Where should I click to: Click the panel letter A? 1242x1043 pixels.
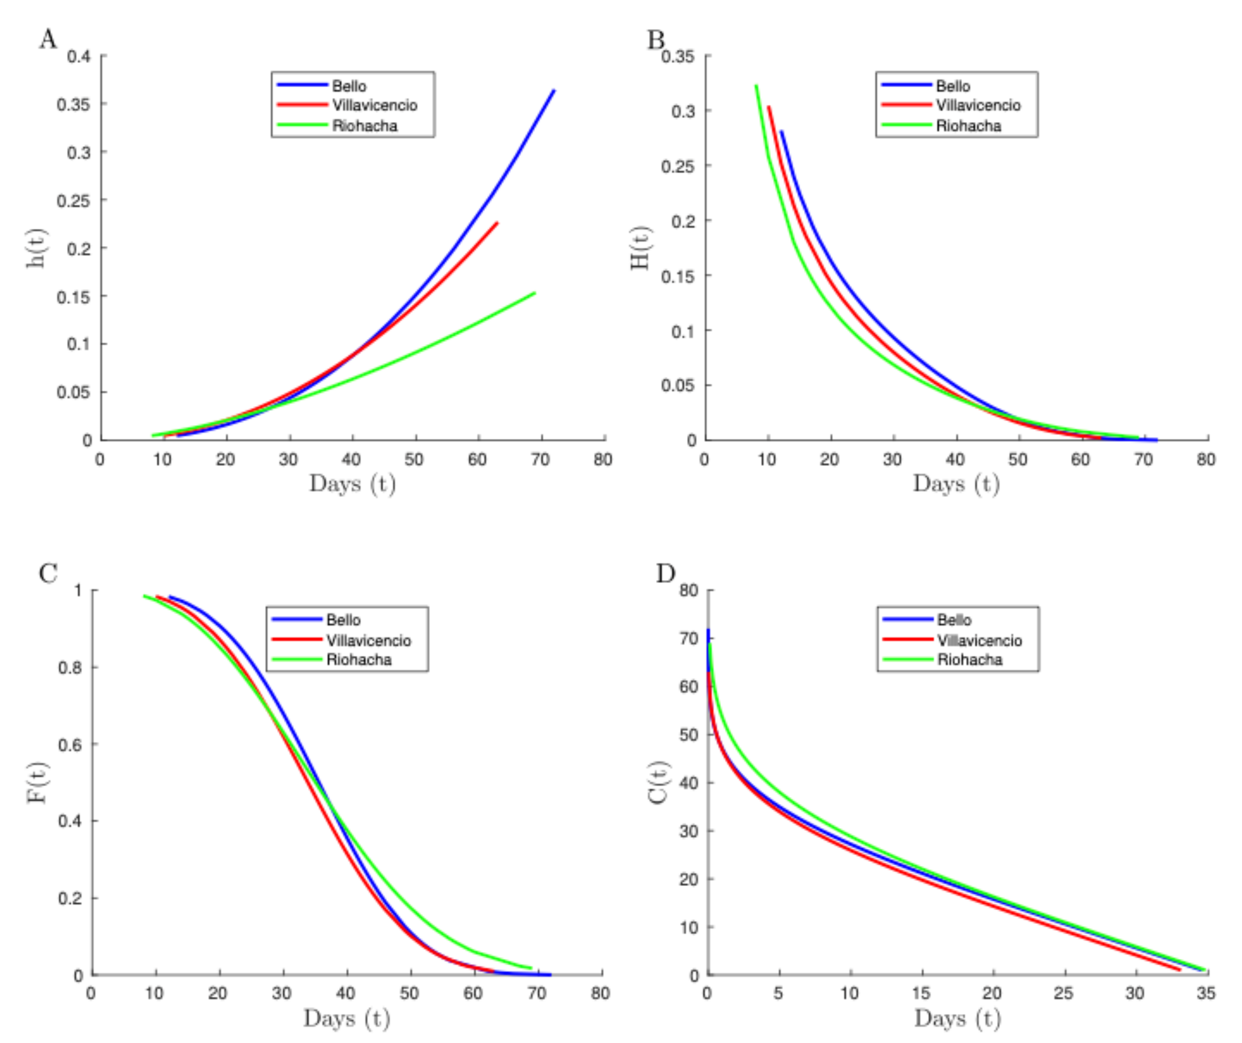point(49,40)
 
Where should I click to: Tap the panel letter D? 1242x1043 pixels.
point(665,574)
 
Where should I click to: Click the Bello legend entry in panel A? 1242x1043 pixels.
point(348,86)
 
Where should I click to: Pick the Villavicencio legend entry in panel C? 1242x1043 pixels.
point(368,641)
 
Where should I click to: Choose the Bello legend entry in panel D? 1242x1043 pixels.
point(953,620)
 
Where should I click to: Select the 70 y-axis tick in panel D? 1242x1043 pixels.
point(688,639)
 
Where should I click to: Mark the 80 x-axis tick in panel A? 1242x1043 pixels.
point(603,460)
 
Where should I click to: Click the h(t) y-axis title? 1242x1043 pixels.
point(37,248)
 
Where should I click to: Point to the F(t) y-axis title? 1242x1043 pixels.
point(37,782)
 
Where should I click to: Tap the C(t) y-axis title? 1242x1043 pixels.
point(658,782)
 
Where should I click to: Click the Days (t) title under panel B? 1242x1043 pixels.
point(956,484)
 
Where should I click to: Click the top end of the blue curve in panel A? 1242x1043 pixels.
point(554,91)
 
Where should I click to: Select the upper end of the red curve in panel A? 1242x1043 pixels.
point(497,223)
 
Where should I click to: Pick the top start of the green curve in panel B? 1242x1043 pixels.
point(756,86)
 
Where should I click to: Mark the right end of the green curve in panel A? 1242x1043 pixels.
point(535,293)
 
